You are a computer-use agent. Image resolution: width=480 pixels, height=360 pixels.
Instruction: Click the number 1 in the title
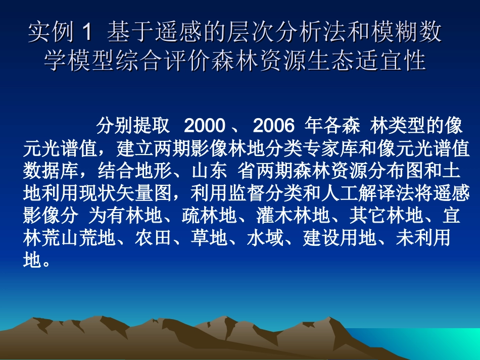tap(87, 33)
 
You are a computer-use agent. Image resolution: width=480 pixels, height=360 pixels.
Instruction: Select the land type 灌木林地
tap(294, 217)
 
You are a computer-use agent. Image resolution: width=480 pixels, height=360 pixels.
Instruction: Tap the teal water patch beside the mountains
tap(429, 343)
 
